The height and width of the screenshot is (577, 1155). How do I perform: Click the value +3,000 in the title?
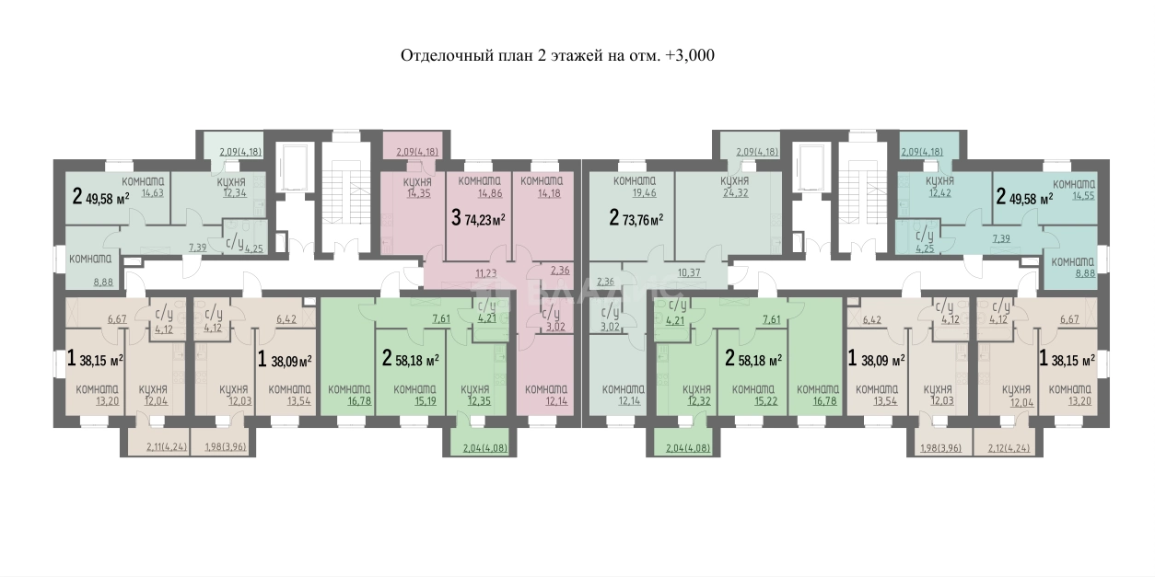tap(689, 55)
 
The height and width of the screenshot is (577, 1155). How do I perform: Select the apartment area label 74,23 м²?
tap(479, 219)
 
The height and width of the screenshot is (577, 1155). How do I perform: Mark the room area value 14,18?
tap(541, 193)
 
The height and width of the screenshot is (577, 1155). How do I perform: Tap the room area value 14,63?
tap(141, 192)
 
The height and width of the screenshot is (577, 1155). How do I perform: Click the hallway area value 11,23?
tap(485, 272)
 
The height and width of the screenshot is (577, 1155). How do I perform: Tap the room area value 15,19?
tap(414, 401)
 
